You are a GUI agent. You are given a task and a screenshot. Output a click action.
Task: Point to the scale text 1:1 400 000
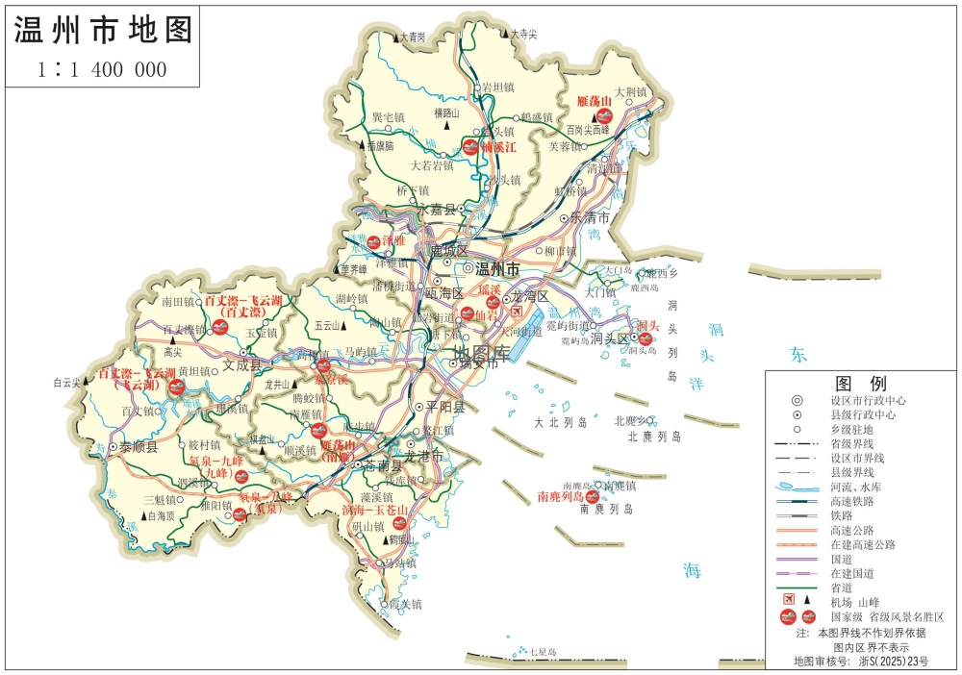(102, 69)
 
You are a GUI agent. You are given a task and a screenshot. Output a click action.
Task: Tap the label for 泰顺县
(138, 447)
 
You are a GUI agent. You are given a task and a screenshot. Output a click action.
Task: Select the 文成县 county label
(241, 365)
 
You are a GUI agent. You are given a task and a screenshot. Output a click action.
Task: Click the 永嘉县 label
(436, 208)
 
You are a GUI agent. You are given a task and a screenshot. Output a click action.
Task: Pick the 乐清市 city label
(603, 217)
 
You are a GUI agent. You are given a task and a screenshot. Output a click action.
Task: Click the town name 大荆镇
(633, 92)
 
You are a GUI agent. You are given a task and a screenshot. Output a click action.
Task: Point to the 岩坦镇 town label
(499, 87)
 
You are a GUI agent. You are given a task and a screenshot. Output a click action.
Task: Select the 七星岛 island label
(544, 652)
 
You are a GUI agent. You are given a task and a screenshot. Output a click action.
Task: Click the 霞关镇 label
(405, 604)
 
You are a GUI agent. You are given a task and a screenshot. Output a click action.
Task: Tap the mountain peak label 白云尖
(66, 383)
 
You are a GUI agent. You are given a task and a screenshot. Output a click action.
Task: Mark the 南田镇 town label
(178, 302)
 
